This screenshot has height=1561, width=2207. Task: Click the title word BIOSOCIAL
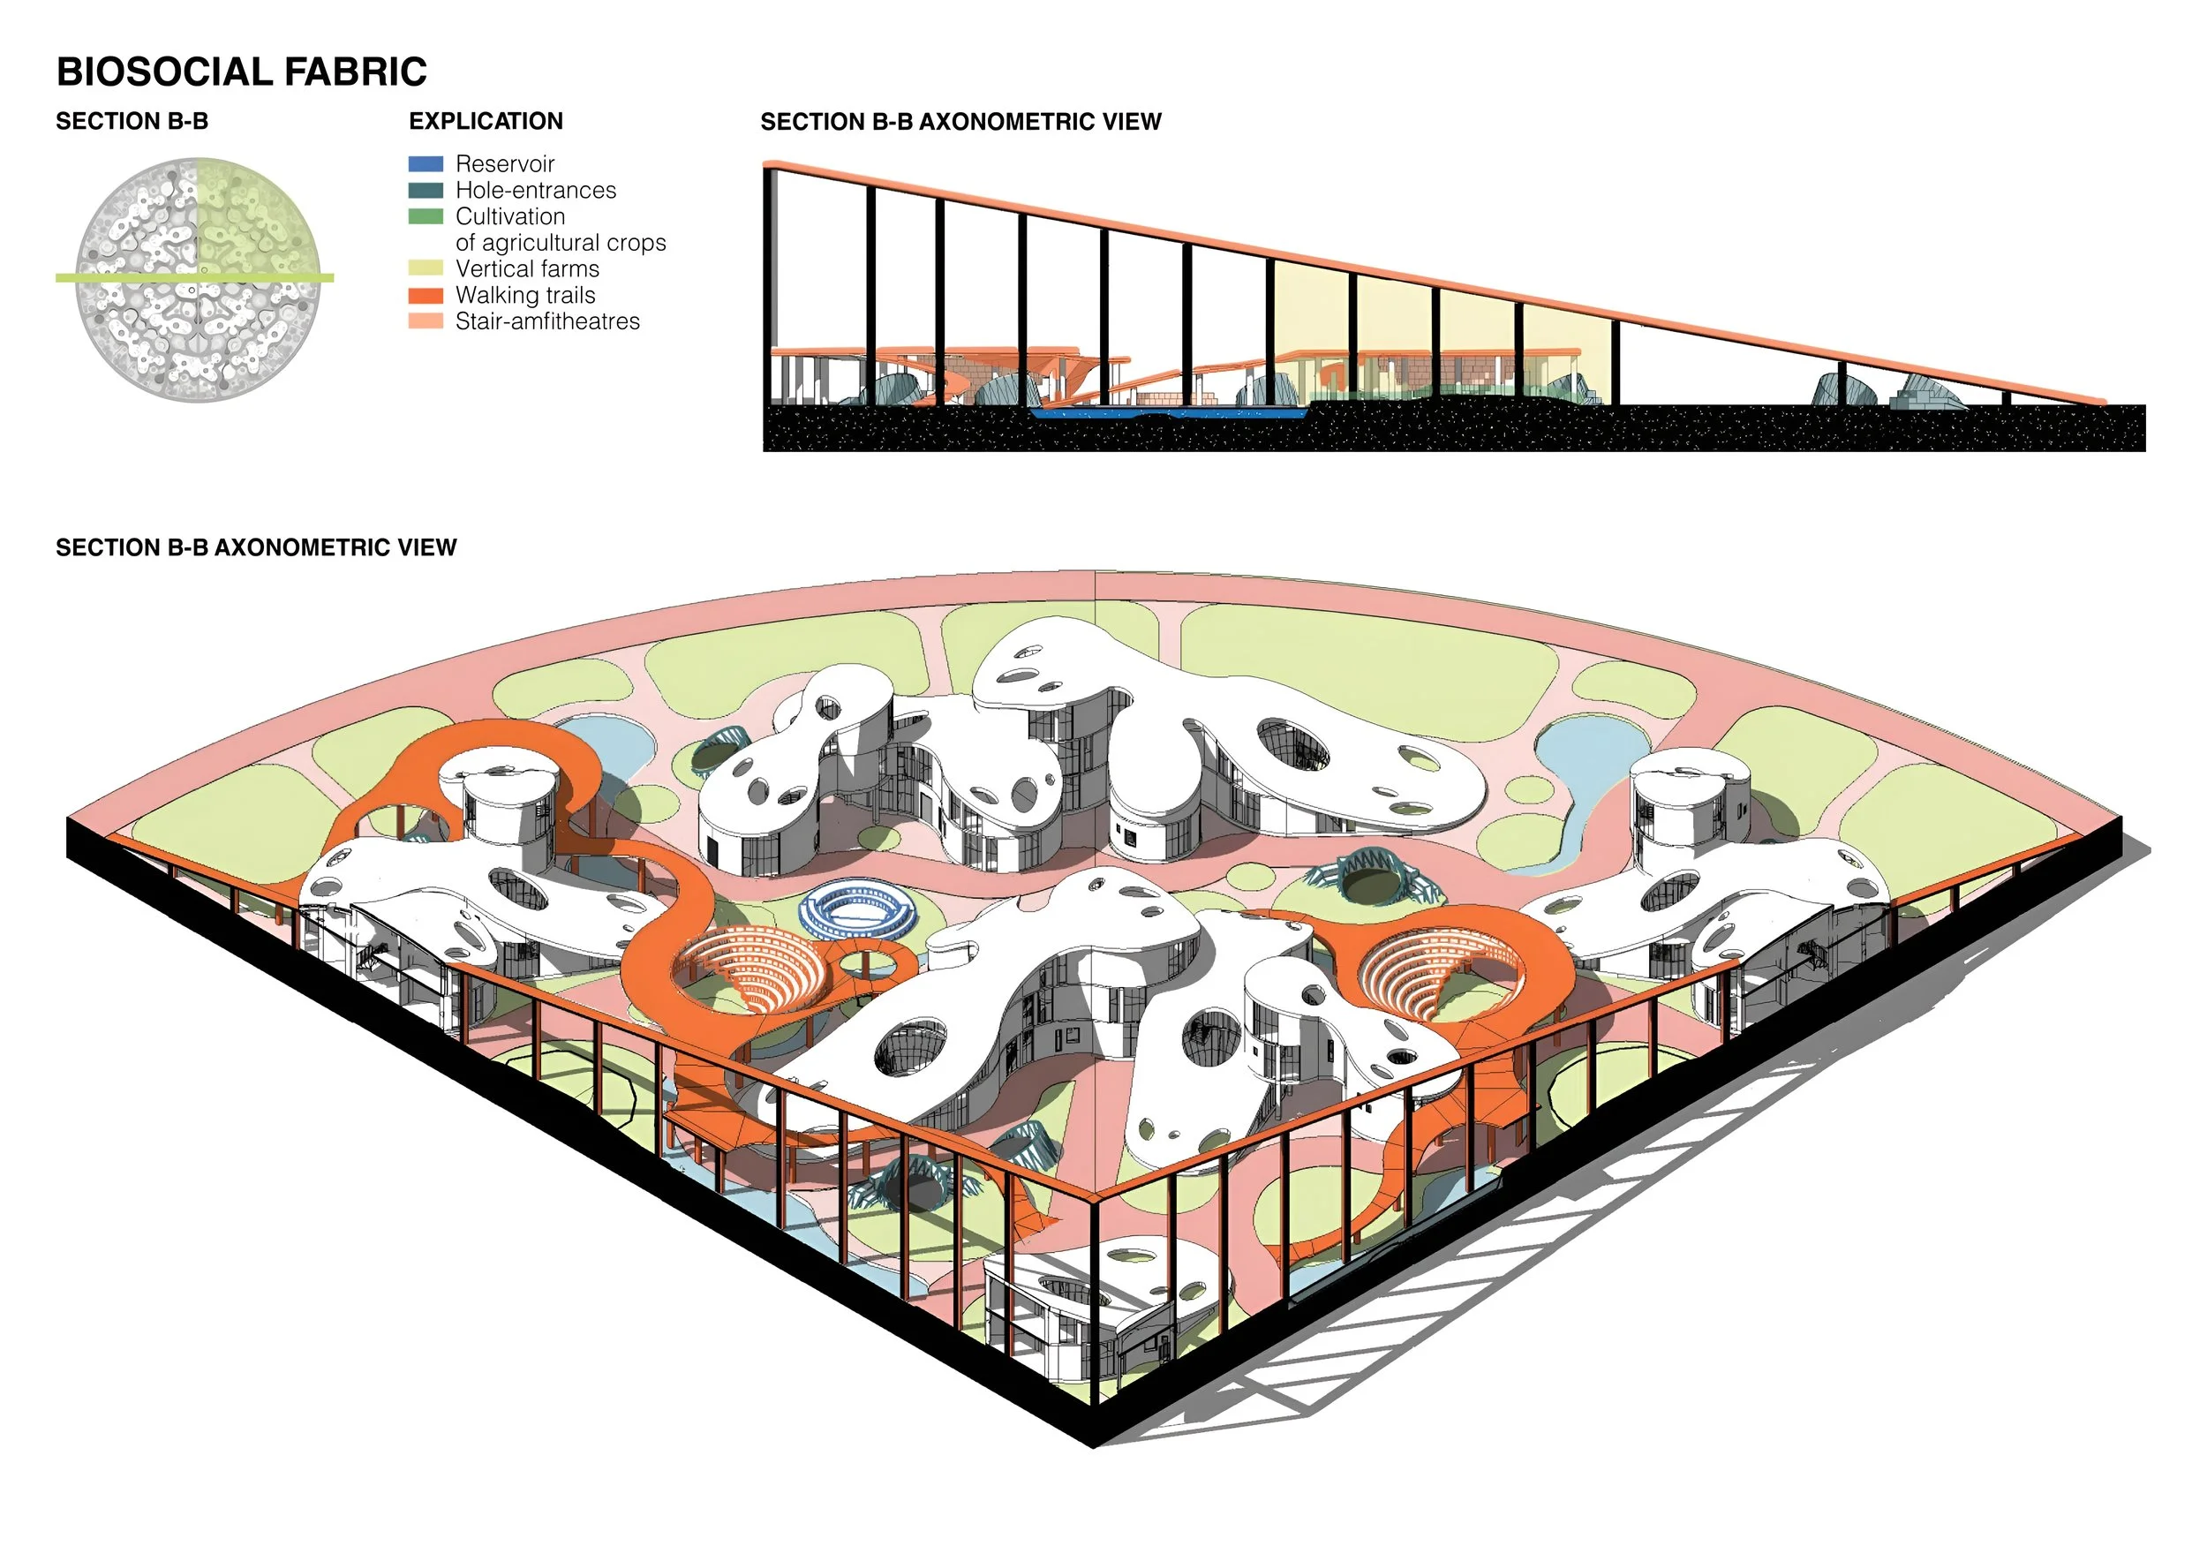pyautogui.click(x=163, y=72)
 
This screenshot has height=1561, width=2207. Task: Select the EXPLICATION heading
pyautogui.click(x=486, y=121)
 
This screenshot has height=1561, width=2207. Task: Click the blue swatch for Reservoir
pyautogui.click(x=426, y=164)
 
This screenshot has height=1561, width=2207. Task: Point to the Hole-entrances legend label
pyautogui.click(x=535, y=191)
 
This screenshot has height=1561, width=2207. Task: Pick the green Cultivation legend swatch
pyautogui.click(x=426, y=217)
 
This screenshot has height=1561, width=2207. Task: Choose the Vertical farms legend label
pyautogui.click(x=527, y=269)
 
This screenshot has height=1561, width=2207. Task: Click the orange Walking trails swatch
pyautogui.click(x=426, y=296)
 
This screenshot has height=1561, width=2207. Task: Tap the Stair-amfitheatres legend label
pyautogui.click(x=547, y=322)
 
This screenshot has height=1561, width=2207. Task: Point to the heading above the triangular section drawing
pyautogui.click(x=960, y=122)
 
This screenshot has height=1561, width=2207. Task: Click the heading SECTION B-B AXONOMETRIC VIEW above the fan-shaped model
pyautogui.click(x=256, y=548)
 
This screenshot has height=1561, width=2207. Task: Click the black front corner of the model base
pyautogui.click(x=1094, y=1437)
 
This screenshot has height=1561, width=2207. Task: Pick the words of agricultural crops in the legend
pyautogui.click(x=561, y=243)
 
